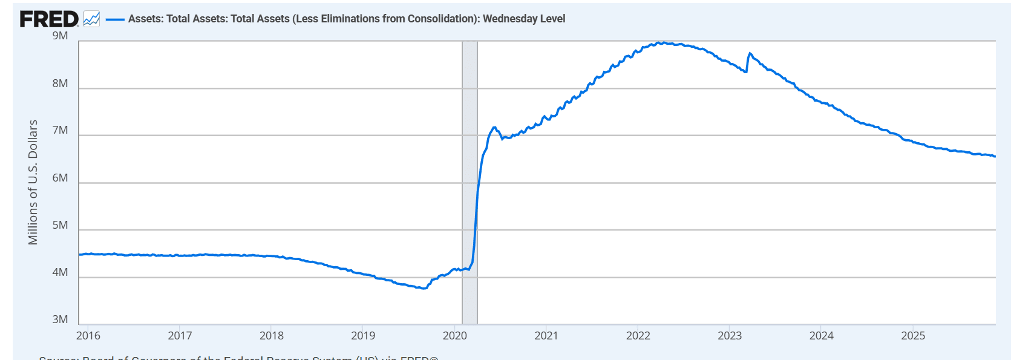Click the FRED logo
click(x=49, y=19)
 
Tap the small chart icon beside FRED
click(x=91, y=19)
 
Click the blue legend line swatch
click(x=115, y=19)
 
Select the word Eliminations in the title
click(x=350, y=19)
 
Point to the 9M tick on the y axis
click(x=60, y=36)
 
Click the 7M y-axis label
click(x=60, y=131)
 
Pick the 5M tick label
click(x=60, y=226)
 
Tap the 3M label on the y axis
click(x=60, y=320)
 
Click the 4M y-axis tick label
click(x=60, y=273)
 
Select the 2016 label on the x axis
click(x=88, y=336)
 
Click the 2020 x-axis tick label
click(x=455, y=336)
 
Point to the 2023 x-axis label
click(x=730, y=336)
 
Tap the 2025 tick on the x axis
click(x=913, y=336)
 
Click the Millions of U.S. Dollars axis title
click(x=33, y=182)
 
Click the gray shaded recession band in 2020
click(x=469, y=182)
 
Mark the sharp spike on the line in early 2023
click(x=750, y=54)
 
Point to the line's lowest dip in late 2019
click(x=424, y=288)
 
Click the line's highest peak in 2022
click(x=663, y=42)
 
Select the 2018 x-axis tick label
click(x=272, y=336)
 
